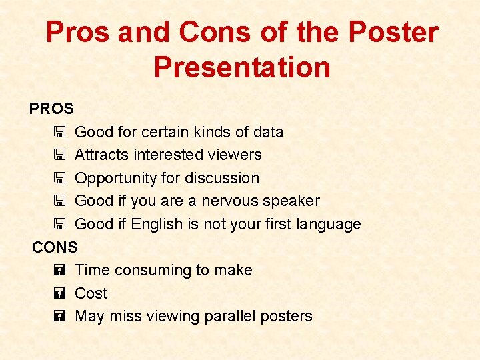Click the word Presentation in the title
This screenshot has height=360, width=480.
click(x=241, y=67)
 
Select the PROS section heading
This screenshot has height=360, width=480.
click(x=51, y=108)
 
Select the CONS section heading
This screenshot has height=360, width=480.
click(x=55, y=247)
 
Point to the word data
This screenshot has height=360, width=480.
click(x=267, y=132)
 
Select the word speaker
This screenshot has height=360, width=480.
click(x=293, y=201)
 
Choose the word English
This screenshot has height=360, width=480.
click(x=158, y=224)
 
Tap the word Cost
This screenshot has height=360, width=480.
click(x=91, y=293)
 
